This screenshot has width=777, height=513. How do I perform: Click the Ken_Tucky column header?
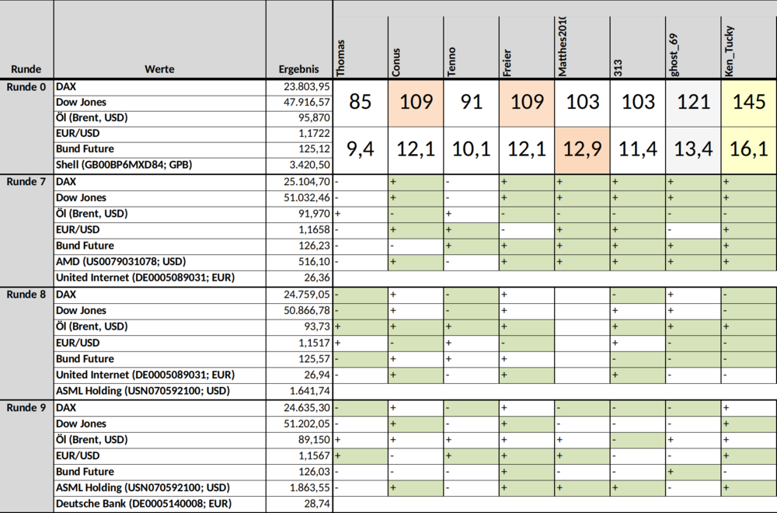[x=729, y=51]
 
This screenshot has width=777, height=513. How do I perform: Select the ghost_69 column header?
[x=673, y=54]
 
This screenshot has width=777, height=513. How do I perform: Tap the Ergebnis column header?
[x=299, y=69]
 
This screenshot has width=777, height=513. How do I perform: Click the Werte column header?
[x=159, y=69]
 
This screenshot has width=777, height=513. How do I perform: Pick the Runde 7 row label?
[x=26, y=182]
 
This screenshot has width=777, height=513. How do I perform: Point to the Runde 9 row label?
[x=26, y=408]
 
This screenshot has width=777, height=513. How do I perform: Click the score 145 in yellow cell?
[x=749, y=102]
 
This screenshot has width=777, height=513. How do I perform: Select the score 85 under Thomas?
[x=361, y=102]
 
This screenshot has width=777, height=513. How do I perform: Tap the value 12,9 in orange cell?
[x=582, y=148]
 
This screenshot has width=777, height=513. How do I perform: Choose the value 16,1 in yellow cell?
[x=749, y=148]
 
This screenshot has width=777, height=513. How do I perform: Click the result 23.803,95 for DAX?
[x=307, y=87]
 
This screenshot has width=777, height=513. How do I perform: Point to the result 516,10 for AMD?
[x=315, y=262]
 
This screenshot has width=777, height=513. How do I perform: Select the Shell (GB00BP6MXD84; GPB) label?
[x=124, y=165]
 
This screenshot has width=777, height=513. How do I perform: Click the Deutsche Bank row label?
[x=144, y=504]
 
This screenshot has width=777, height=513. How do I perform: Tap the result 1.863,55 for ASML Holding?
[x=310, y=487]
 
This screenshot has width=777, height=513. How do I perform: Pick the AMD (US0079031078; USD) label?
[x=121, y=262]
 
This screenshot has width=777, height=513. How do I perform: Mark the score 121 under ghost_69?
[x=694, y=102]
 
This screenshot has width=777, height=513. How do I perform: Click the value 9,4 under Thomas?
[x=361, y=148]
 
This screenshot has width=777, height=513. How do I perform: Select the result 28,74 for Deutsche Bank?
[x=317, y=504]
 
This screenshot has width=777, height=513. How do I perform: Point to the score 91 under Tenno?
[x=472, y=102]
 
